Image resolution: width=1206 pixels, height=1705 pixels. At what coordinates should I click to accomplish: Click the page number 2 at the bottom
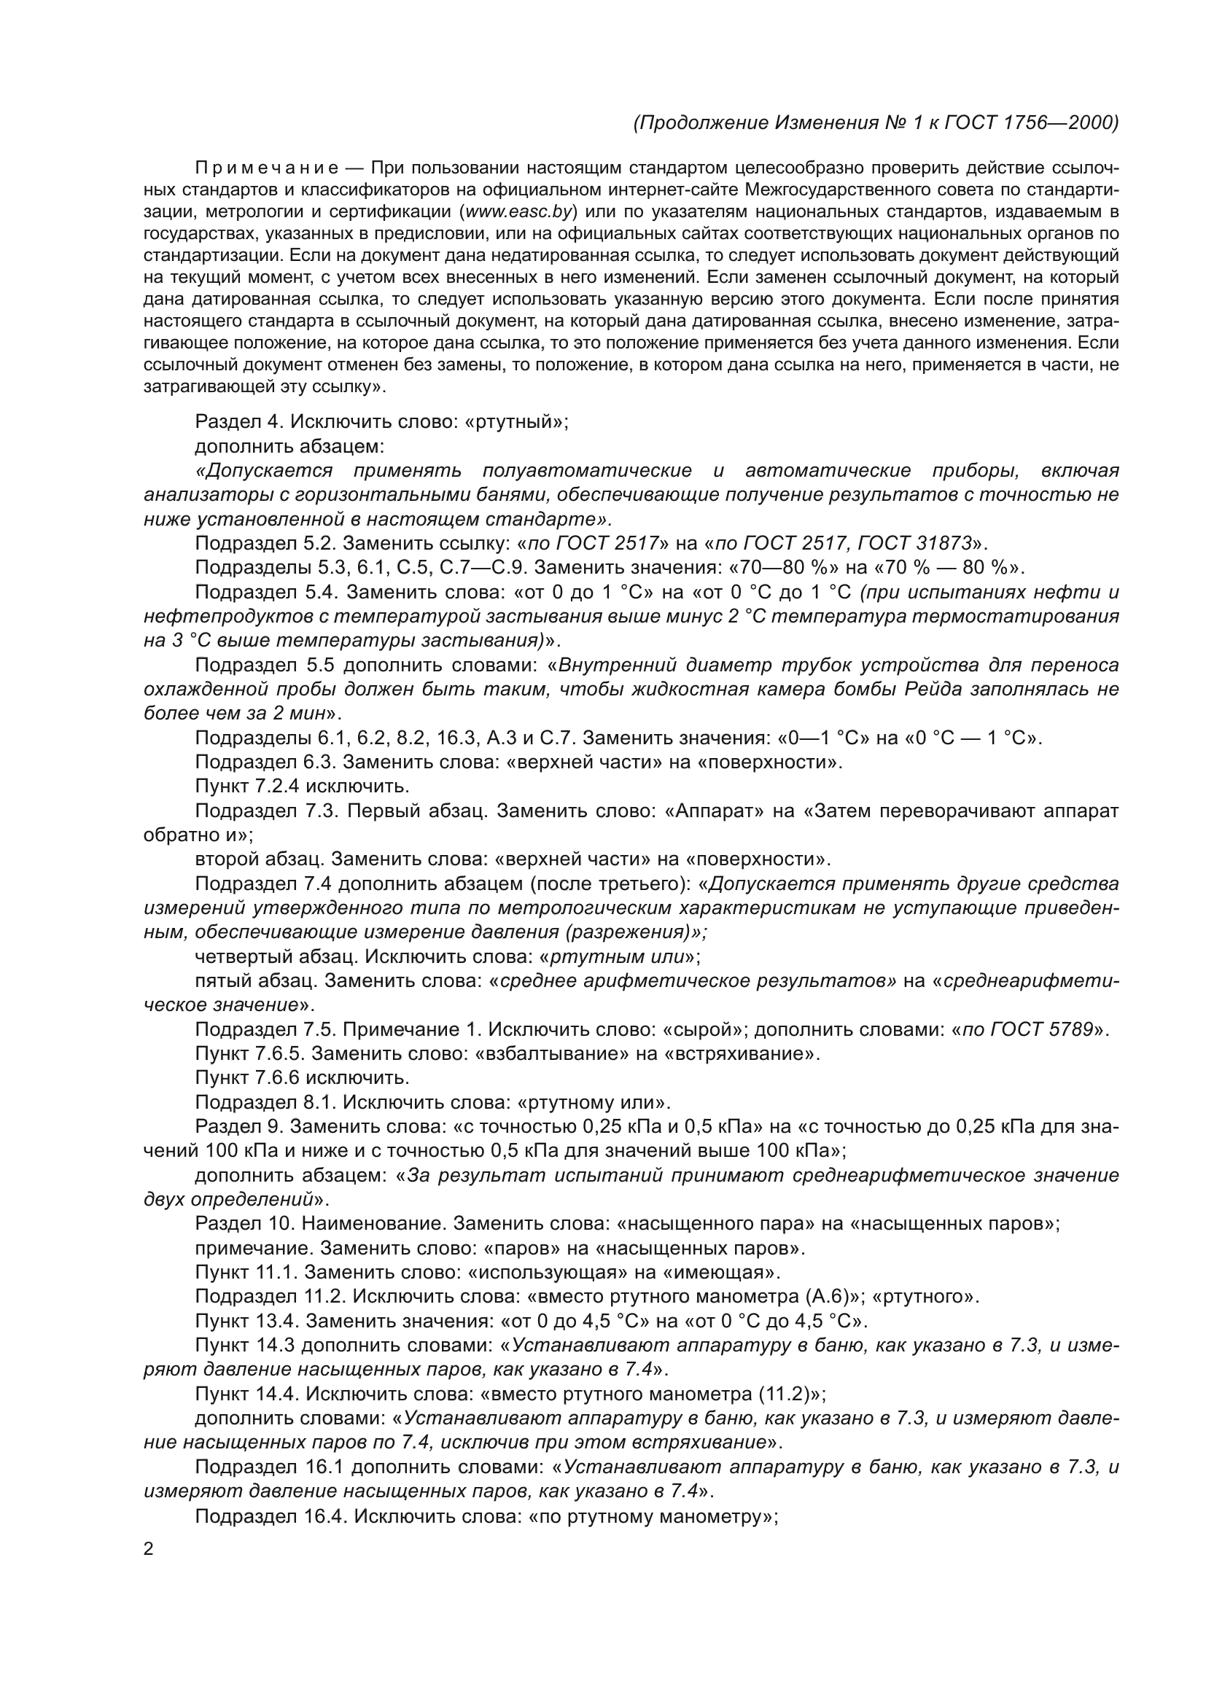tap(149, 1549)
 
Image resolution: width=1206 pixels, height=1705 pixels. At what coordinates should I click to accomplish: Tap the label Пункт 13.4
tap(246, 1321)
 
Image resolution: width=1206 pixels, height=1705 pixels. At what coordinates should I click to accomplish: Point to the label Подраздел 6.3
tap(264, 762)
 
